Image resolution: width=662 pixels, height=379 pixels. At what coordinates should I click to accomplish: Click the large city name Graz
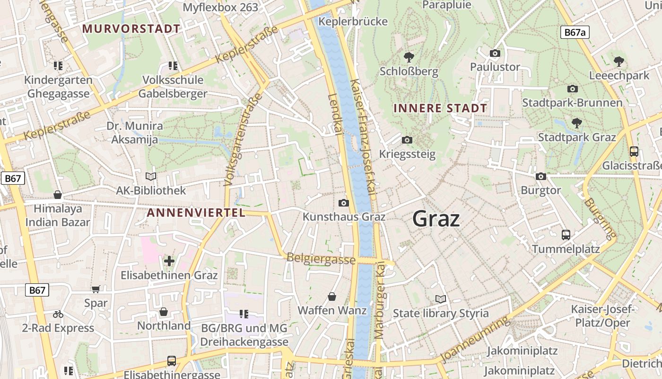point(436,219)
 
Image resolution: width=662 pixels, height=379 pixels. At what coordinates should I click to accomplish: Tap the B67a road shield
point(575,32)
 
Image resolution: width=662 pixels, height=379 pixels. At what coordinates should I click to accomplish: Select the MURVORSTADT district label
point(131,28)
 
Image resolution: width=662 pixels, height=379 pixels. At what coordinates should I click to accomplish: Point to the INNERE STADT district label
point(440,108)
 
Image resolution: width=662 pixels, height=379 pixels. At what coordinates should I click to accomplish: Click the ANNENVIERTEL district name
point(196,213)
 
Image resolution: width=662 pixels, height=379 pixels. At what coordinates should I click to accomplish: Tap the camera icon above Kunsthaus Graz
point(344,203)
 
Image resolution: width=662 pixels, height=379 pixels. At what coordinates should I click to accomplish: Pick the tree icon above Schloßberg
point(409,57)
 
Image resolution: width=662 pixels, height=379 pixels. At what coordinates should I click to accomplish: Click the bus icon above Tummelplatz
point(566,235)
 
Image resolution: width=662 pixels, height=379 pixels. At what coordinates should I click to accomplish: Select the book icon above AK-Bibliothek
point(151,177)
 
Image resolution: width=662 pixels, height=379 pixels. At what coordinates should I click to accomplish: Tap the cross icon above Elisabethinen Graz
point(169,261)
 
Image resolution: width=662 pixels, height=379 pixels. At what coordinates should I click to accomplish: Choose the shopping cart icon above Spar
point(96,289)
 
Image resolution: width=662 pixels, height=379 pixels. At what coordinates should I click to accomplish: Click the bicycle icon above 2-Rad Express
point(58,314)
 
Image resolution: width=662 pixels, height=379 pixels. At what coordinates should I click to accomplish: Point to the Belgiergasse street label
point(321,259)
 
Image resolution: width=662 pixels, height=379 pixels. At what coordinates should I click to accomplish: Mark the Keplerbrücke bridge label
point(353,21)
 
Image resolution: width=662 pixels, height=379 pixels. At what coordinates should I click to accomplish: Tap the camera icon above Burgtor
point(541,176)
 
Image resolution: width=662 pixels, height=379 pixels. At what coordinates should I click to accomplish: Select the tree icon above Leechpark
point(618,61)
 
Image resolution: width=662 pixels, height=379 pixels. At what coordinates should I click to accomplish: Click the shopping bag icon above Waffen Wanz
point(332,297)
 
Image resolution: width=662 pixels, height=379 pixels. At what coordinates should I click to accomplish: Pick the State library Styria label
point(441,313)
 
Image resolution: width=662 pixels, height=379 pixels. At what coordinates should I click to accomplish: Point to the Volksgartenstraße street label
point(243,139)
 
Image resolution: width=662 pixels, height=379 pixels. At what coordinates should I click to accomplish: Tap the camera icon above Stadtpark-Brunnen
point(572,89)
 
